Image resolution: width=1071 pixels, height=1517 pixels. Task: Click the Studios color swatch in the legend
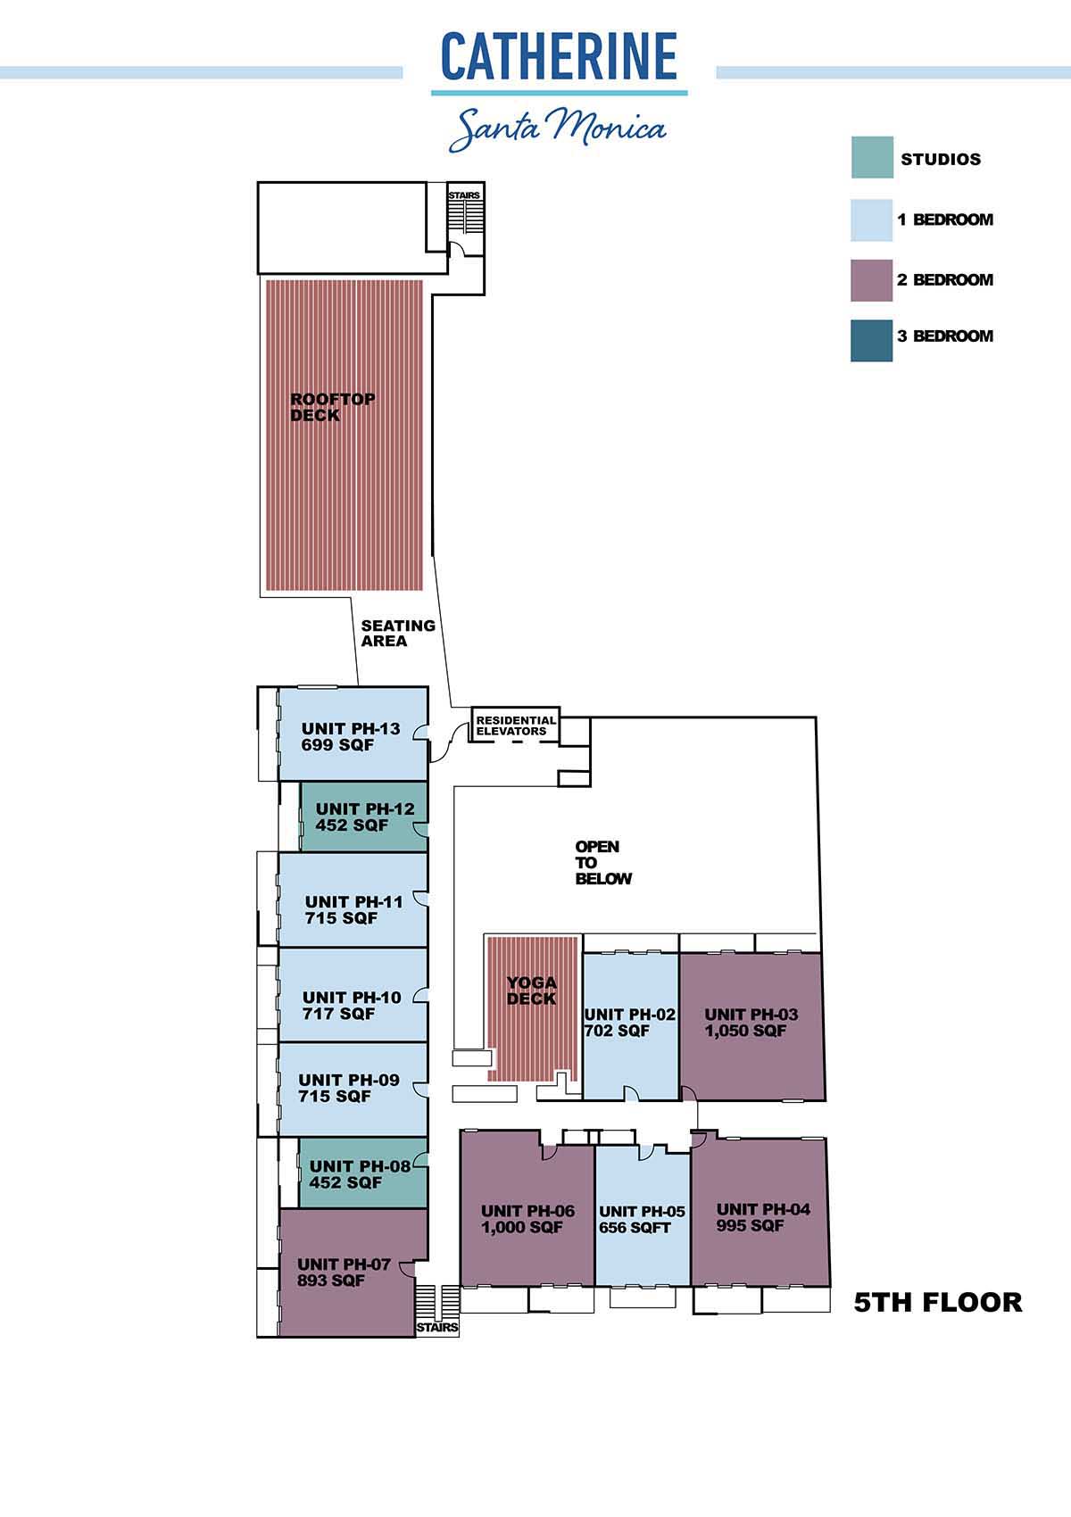click(x=872, y=158)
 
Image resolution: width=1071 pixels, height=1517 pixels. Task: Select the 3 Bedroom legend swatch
click(x=872, y=341)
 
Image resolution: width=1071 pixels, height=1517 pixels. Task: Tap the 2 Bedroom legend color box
click(x=872, y=280)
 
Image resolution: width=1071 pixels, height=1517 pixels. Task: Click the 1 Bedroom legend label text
click(x=945, y=220)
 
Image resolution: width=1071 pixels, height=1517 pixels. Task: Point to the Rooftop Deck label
click(x=333, y=407)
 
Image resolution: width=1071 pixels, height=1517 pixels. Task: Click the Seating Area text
click(x=398, y=634)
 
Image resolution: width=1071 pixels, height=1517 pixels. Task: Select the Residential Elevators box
click(x=516, y=725)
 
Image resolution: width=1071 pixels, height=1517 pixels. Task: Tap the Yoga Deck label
click(x=532, y=991)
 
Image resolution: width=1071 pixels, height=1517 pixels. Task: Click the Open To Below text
click(x=603, y=862)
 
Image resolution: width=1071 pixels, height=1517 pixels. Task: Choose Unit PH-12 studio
click(x=364, y=817)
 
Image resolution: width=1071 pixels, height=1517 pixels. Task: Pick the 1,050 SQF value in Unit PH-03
click(x=745, y=1031)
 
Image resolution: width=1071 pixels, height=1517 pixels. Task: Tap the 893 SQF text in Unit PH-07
click(x=330, y=1280)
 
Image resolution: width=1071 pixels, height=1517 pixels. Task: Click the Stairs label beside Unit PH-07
click(x=437, y=1328)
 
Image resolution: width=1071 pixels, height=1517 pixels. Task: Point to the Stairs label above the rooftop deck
click(x=464, y=195)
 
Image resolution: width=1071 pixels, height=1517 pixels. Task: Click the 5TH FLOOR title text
click(x=937, y=1302)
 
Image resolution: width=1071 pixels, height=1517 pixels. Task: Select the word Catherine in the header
click(x=559, y=56)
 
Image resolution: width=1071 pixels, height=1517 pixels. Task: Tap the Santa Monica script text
click(x=558, y=128)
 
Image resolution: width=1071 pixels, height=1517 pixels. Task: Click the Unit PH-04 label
click(x=763, y=1209)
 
